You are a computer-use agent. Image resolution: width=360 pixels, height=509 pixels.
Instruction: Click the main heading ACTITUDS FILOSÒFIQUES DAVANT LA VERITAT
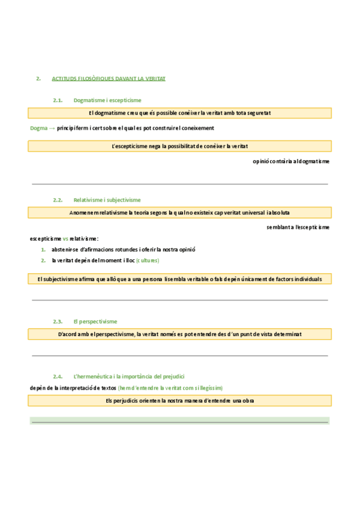pos(109,79)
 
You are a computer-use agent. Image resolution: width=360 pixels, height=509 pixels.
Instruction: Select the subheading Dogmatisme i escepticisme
pos(107,100)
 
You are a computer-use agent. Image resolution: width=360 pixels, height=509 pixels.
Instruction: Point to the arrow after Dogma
pos(52,128)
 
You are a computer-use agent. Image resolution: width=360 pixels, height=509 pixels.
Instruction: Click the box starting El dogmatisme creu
pos(179,113)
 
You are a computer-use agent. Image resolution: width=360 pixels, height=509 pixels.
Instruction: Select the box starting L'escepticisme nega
pos(179,146)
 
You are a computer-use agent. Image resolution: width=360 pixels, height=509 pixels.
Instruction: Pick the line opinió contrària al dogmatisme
pos(291,161)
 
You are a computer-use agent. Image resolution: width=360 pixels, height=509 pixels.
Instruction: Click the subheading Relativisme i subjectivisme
pos(107,200)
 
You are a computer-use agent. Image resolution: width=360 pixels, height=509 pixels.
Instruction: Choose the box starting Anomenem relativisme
pos(179,212)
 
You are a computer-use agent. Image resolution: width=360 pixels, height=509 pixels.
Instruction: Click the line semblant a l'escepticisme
pos(298,227)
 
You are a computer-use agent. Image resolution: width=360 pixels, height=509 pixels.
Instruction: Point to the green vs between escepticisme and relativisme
pos(65,238)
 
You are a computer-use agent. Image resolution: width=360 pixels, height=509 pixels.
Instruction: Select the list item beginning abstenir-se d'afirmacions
pos(124,249)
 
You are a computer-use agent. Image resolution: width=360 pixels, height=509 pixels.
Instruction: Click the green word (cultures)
pos(148,261)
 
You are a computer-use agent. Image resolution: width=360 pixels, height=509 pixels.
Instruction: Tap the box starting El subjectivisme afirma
pos(179,279)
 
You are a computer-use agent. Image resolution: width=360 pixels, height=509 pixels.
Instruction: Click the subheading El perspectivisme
pos(95,322)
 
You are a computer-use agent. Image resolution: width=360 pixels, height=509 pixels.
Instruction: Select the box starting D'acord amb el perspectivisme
pos(179,334)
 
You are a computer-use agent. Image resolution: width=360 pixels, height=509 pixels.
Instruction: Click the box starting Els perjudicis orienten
pos(179,400)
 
